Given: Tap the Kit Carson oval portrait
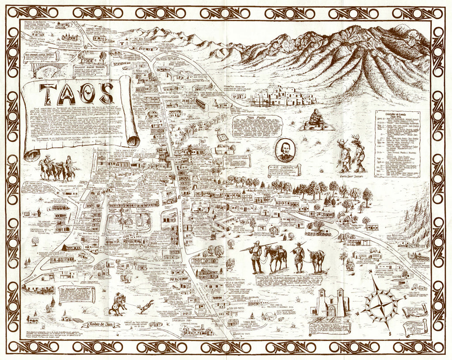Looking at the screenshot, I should coord(286,150).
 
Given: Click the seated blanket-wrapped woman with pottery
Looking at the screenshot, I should coord(316,118).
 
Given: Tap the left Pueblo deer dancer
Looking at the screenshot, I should coord(344,155).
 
